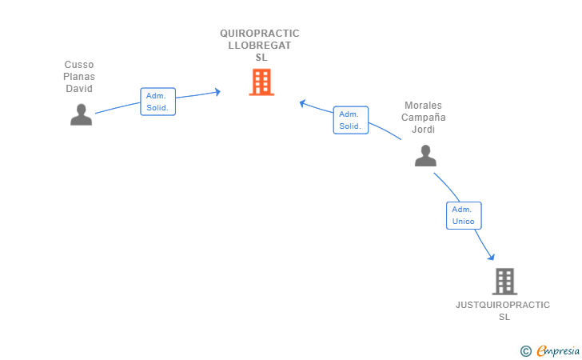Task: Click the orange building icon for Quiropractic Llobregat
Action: tap(261, 82)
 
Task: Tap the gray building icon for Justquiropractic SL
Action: tap(504, 282)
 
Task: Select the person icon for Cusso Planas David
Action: tap(81, 114)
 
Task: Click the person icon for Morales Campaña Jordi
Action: tap(425, 155)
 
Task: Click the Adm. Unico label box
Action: tap(464, 215)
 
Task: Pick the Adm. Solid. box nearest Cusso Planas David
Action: tap(157, 102)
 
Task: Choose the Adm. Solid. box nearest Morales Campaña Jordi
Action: tap(350, 120)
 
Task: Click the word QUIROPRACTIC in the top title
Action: tap(260, 34)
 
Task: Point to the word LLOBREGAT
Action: tap(260, 46)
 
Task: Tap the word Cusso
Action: tap(79, 65)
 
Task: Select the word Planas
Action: tap(79, 77)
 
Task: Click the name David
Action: tap(79, 89)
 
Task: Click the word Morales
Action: tap(423, 106)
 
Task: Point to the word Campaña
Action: tap(423, 118)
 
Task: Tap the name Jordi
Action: tap(423, 130)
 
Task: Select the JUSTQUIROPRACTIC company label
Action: tap(503, 305)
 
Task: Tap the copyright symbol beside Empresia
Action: tap(525, 350)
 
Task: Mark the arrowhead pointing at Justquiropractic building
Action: tap(491, 256)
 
